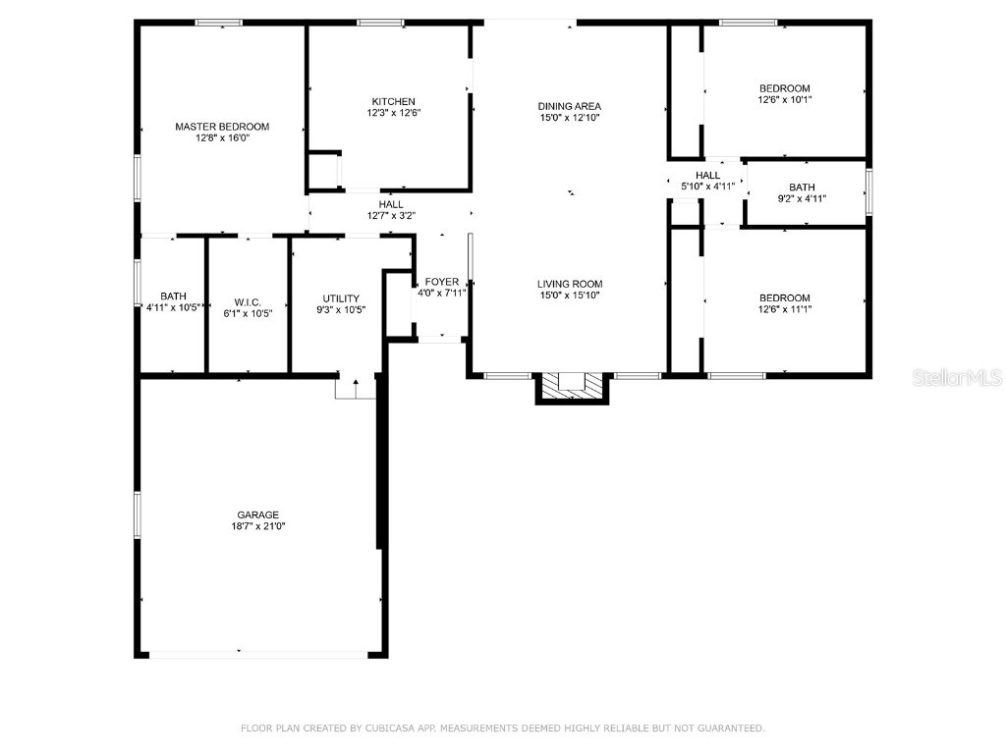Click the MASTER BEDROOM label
[222, 127]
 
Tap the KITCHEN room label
[393, 101]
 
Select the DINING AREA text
[569, 106]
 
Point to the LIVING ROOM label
[569, 284]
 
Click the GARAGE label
[257, 514]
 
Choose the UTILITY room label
[341, 298]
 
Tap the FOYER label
[441, 282]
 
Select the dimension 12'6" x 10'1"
[784, 99]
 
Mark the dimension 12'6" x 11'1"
[784, 309]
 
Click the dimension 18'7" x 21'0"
[257, 526]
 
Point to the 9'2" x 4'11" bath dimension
[802, 198]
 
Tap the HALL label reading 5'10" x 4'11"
[707, 175]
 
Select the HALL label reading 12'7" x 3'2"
[390, 204]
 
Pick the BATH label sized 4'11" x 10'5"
[174, 296]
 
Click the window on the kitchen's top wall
[380, 23]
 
